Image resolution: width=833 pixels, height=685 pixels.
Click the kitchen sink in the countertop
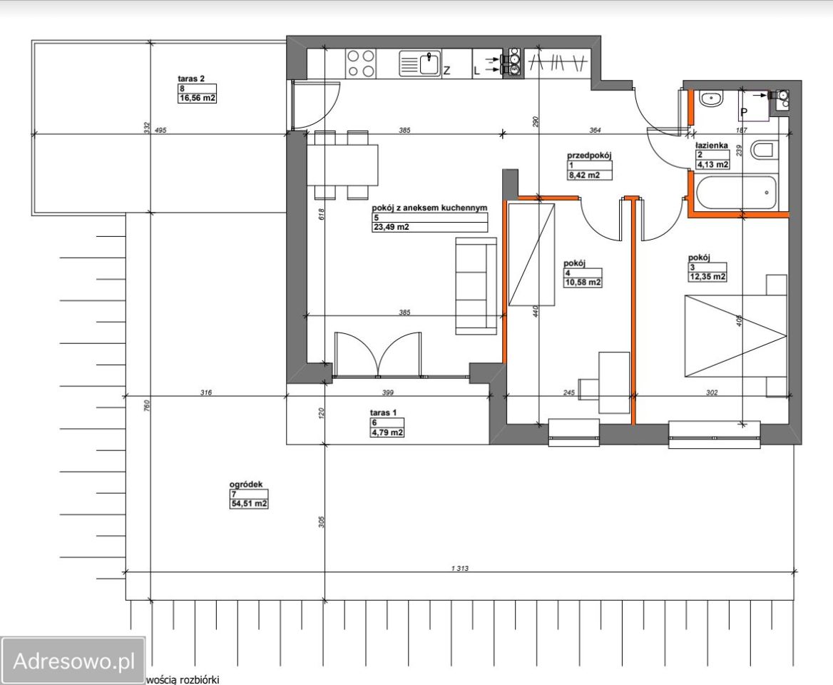[419, 64]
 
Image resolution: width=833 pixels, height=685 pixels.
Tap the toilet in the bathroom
[765, 150]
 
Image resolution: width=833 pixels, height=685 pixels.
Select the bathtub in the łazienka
[736, 193]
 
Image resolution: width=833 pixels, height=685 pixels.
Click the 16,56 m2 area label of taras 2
[197, 98]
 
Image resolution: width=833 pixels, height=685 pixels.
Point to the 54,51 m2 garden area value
[249, 504]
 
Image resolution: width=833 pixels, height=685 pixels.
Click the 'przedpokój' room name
[589, 156]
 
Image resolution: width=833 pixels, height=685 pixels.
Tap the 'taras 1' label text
[383, 412]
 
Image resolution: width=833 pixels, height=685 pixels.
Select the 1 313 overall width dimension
[459, 568]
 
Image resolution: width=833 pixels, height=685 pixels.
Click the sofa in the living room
[476, 286]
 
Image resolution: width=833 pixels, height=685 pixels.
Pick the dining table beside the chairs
[342, 165]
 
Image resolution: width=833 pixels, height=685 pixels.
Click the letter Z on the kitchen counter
[446, 70]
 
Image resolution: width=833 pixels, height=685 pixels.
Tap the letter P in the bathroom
[744, 113]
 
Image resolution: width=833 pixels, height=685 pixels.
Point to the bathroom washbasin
[711, 99]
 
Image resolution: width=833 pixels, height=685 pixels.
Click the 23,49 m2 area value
[391, 227]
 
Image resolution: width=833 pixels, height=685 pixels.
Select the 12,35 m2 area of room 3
[707, 277]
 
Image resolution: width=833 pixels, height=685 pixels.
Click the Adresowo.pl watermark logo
[73, 661]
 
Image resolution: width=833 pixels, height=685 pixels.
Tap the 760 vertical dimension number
[147, 405]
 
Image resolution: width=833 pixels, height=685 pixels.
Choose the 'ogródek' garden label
[246, 484]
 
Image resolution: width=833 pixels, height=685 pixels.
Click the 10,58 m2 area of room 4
[583, 282]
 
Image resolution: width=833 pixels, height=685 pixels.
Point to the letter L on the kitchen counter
[476, 71]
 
